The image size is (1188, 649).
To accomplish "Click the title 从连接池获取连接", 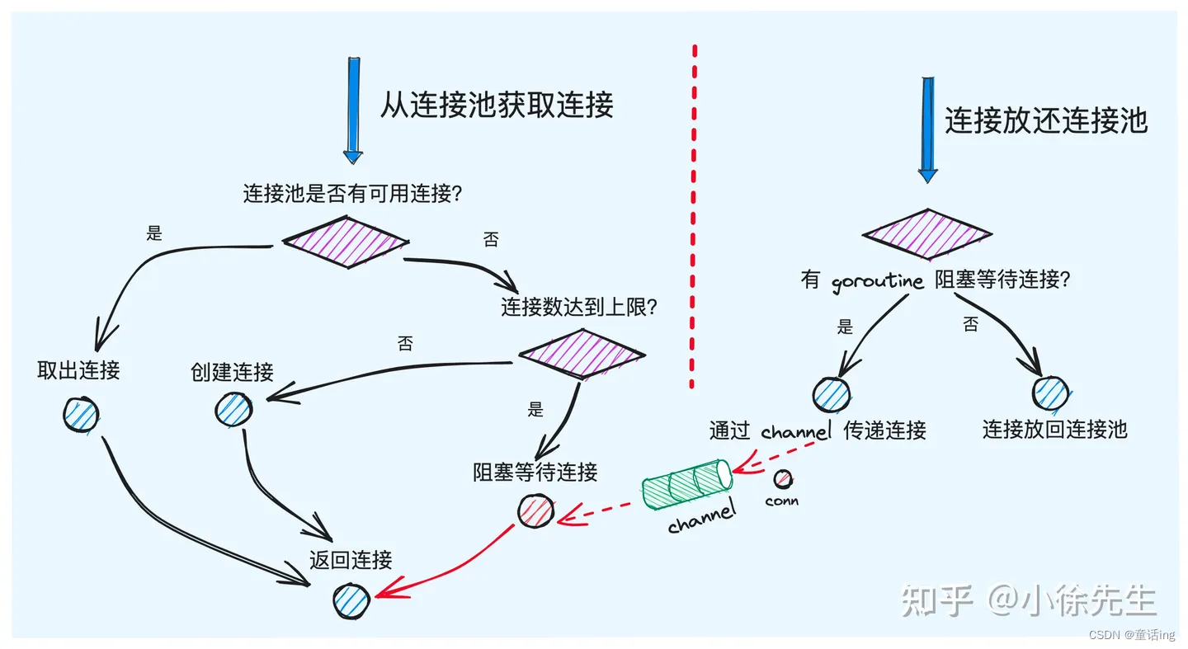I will point(496,106).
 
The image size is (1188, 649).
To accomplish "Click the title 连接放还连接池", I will point(1045,121).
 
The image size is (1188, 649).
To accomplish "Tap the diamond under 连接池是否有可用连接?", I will point(346,242).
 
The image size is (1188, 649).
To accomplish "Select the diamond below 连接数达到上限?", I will point(582,354).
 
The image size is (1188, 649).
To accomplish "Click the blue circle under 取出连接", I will point(80,414).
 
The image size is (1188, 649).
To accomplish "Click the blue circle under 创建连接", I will point(233,408).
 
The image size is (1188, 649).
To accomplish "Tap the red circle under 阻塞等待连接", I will point(535,511).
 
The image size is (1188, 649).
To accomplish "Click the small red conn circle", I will point(782,479).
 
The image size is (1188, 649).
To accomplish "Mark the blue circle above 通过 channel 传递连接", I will point(831,395).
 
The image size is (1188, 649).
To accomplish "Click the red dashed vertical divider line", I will point(692,214).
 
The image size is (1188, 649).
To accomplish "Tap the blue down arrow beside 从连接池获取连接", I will point(353,109).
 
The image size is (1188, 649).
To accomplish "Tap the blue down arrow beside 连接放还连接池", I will point(928,129).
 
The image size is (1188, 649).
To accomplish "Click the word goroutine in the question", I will point(877,281).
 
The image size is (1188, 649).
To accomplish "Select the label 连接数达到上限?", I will point(579,308).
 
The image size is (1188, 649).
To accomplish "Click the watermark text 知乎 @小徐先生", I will point(1028,600).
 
